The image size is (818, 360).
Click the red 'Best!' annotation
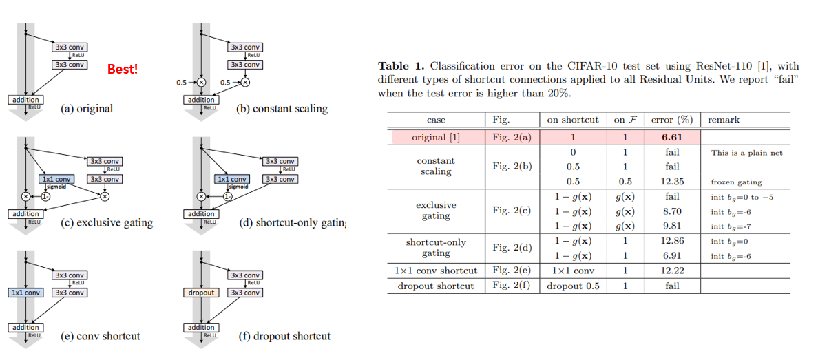click(123, 70)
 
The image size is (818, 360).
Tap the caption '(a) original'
click(87, 109)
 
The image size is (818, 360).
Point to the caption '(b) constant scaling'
click(282, 109)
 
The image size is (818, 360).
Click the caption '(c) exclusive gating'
click(107, 222)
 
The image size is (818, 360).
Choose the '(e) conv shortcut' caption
click(101, 336)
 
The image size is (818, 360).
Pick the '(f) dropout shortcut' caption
click(284, 336)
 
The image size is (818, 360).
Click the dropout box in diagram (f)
click(202, 293)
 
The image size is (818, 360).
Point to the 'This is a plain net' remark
click(747, 153)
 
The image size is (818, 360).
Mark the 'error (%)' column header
click(672, 120)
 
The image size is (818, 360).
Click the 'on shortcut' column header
click(573, 120)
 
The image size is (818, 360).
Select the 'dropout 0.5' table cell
click(573, 286)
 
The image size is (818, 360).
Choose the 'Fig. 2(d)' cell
click(512, 248)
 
